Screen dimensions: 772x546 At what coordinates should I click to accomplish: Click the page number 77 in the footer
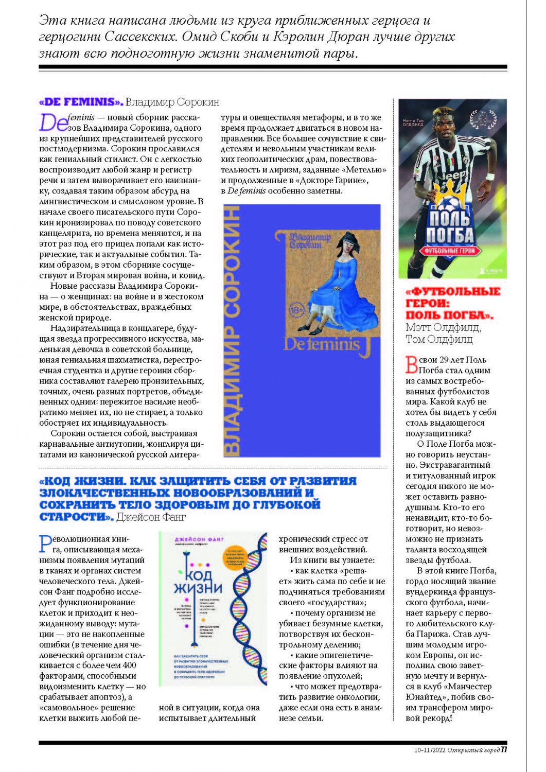click(x=504, y=749)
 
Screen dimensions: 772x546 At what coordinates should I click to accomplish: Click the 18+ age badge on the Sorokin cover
click(x=297, y=310)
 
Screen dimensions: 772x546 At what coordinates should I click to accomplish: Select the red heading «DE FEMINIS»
click(x=81, y=102)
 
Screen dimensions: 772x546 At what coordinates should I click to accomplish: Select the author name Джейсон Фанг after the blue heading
click(x=151, y=517)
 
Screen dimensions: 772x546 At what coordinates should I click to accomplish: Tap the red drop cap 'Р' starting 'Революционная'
click(x=45, y=544)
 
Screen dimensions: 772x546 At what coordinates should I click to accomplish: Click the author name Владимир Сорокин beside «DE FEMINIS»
click(x=172, y=102)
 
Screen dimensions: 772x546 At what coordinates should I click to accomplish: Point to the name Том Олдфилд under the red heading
click(x=439, y=339)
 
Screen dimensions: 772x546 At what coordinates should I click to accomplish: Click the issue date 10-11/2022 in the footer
click(x=430, y=750)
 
